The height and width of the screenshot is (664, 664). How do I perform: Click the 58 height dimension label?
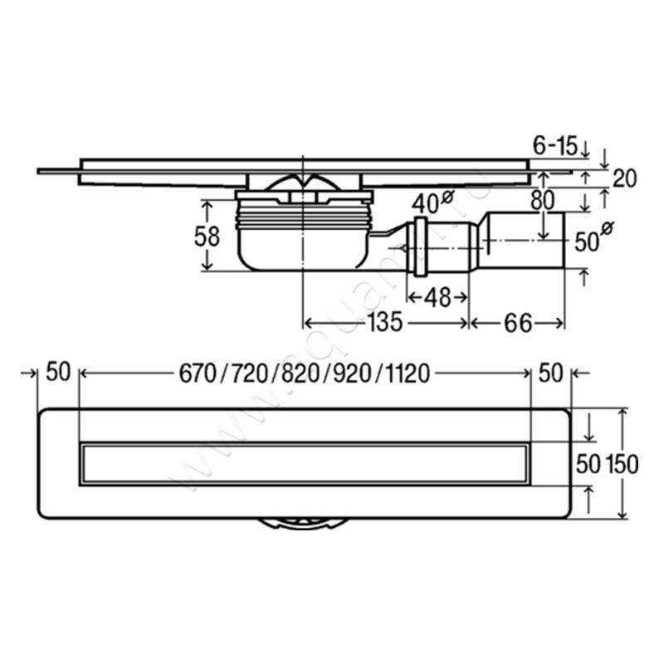tap(207, 237)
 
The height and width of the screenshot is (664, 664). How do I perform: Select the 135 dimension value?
tap(388, 322)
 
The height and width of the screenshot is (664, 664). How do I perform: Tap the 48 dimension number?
tap(437, 296)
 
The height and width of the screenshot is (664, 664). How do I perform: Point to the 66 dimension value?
tap(517, 322)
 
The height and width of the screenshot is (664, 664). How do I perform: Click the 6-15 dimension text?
tap(555, 147)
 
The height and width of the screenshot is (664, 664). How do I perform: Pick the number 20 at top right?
tap(624, 177)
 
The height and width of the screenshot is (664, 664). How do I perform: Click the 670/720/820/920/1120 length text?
tap(304, 374)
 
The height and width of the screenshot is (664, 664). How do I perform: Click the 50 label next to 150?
tap(588, 465)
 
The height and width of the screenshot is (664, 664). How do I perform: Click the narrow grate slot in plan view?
tap(304, 463)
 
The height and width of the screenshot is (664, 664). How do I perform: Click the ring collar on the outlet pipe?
tap(418, 247)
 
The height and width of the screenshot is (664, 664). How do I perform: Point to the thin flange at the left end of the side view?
tap(58, 172)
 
